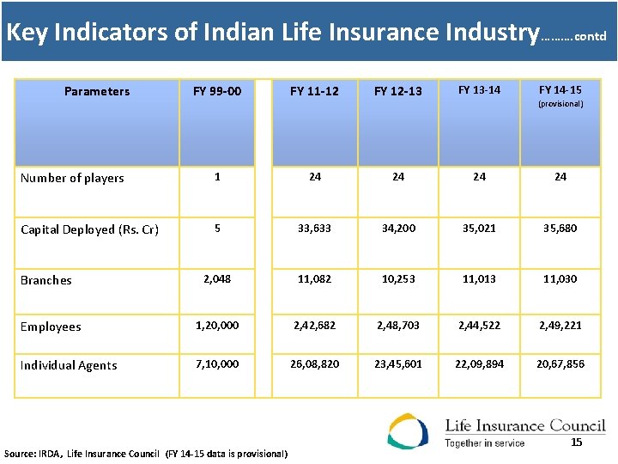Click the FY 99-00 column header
217,91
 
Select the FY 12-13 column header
397,91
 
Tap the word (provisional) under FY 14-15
560,104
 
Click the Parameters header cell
97,91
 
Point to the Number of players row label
72,178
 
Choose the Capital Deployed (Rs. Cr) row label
89,229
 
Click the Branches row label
46,280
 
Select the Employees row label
51,327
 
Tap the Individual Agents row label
69,365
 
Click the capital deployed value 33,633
315,229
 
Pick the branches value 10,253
397,279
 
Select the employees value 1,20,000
217,326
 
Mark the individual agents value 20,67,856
560,364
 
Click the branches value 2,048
217,279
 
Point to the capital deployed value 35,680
560,229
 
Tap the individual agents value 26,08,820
315,364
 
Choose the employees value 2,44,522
479,326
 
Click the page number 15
577,443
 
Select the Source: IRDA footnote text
146,453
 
